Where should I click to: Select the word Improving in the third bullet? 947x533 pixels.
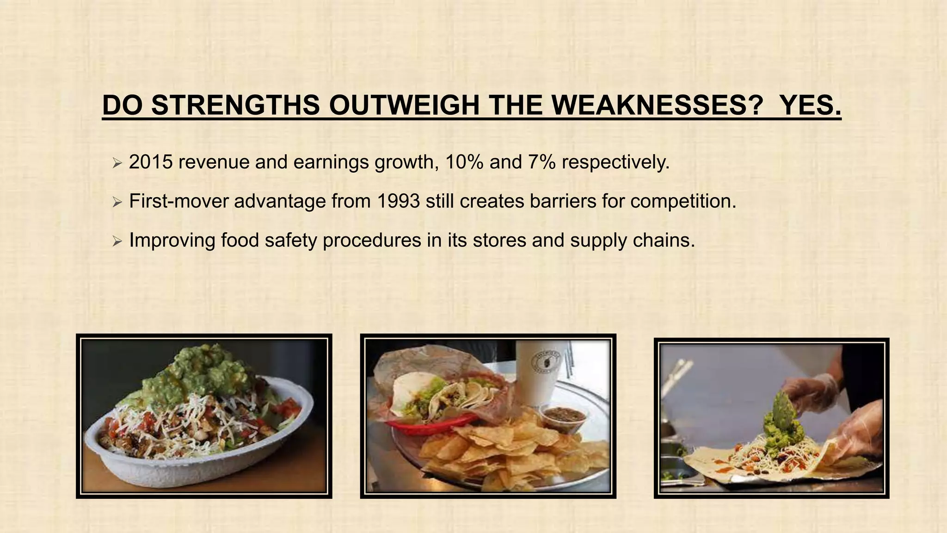point(172,240)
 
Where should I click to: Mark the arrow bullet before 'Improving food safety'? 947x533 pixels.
point(117,241)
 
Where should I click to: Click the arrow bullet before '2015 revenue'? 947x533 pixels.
point(117,163)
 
